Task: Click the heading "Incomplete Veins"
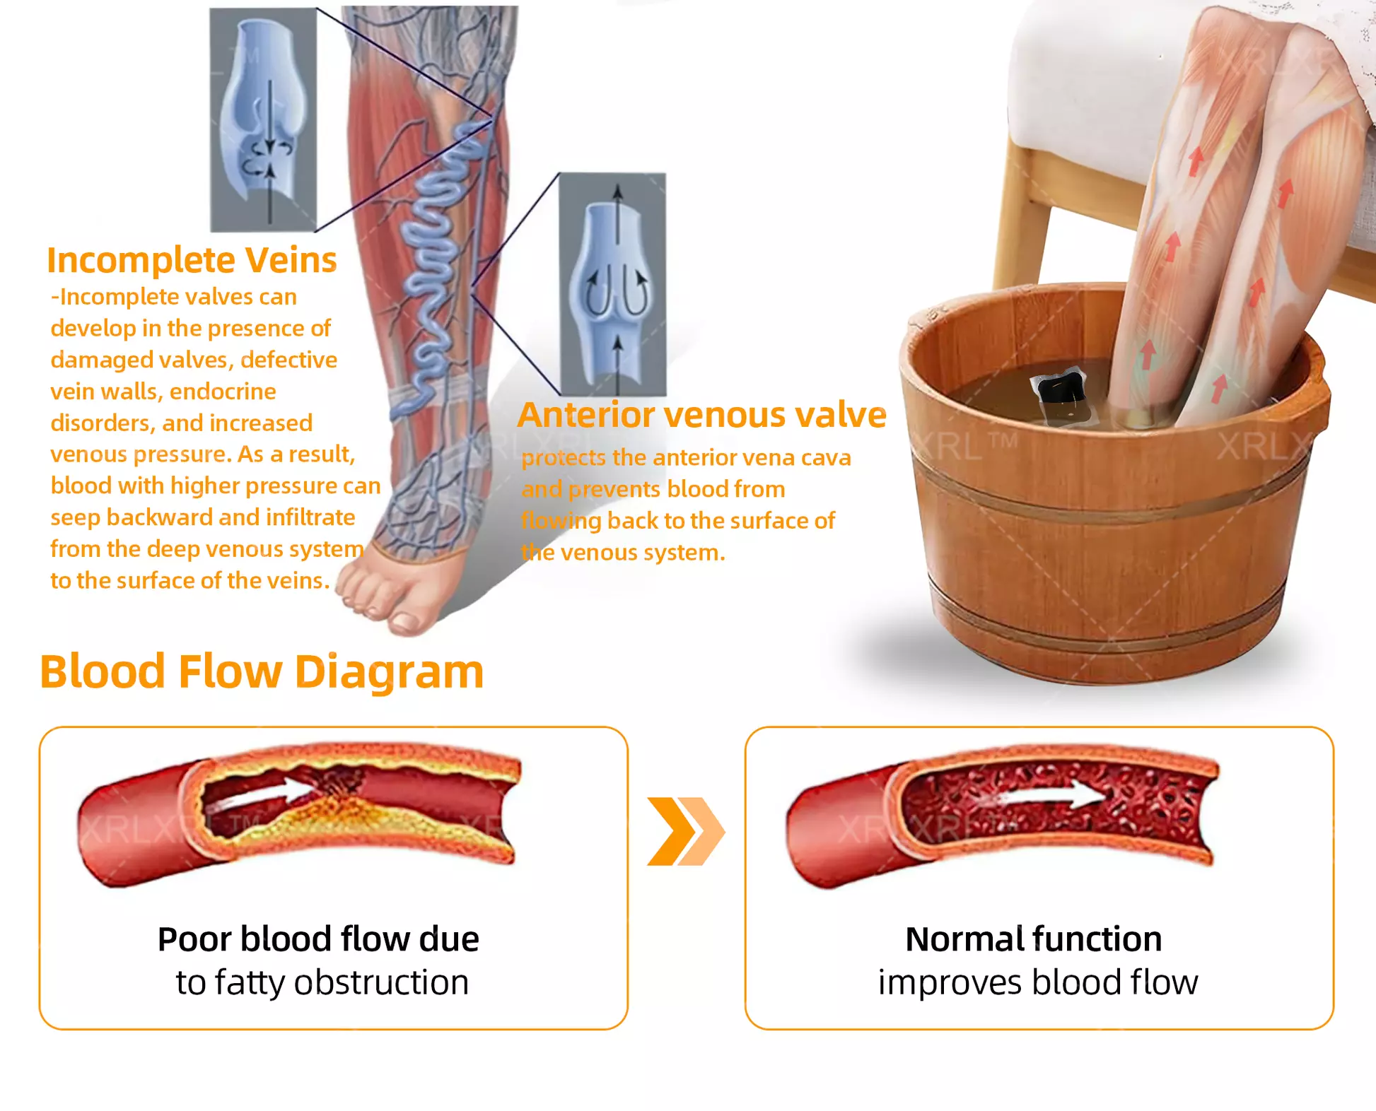192,260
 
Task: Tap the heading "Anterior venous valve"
701,415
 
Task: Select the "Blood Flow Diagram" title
262,671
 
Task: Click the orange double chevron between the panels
684,831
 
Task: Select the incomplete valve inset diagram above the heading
263,120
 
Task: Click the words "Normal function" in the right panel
1033,939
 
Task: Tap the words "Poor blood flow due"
318,939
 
